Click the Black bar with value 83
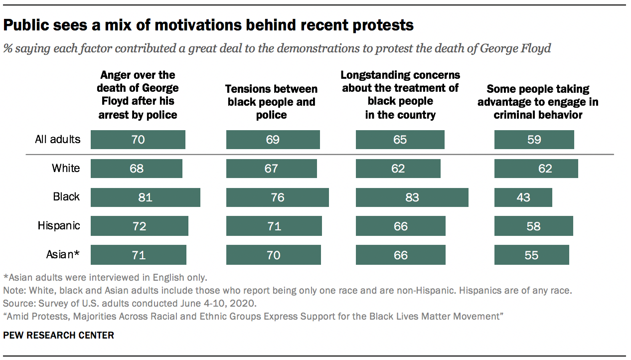[x=412, y=197]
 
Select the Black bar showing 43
[x=523, y=197]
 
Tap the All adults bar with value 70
[x=138, y=140]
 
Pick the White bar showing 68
[x=136, y=169]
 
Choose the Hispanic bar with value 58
[x=533, y=226]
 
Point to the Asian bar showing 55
[x=531, y=255]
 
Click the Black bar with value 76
[x=277, y=197]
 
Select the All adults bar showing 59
[x=534, y=140]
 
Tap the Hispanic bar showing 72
[x=139, y=226]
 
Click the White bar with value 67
[x=271, y=169]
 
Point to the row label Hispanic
[x=59, y=226]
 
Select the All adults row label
[x=57, y=139]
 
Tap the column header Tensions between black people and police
[x=272, y=102]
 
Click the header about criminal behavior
[x=538, y=102]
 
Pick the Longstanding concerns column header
[x=400, y=95]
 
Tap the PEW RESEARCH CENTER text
[x=59, y=336]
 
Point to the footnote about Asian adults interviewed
[x=105, y=277]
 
